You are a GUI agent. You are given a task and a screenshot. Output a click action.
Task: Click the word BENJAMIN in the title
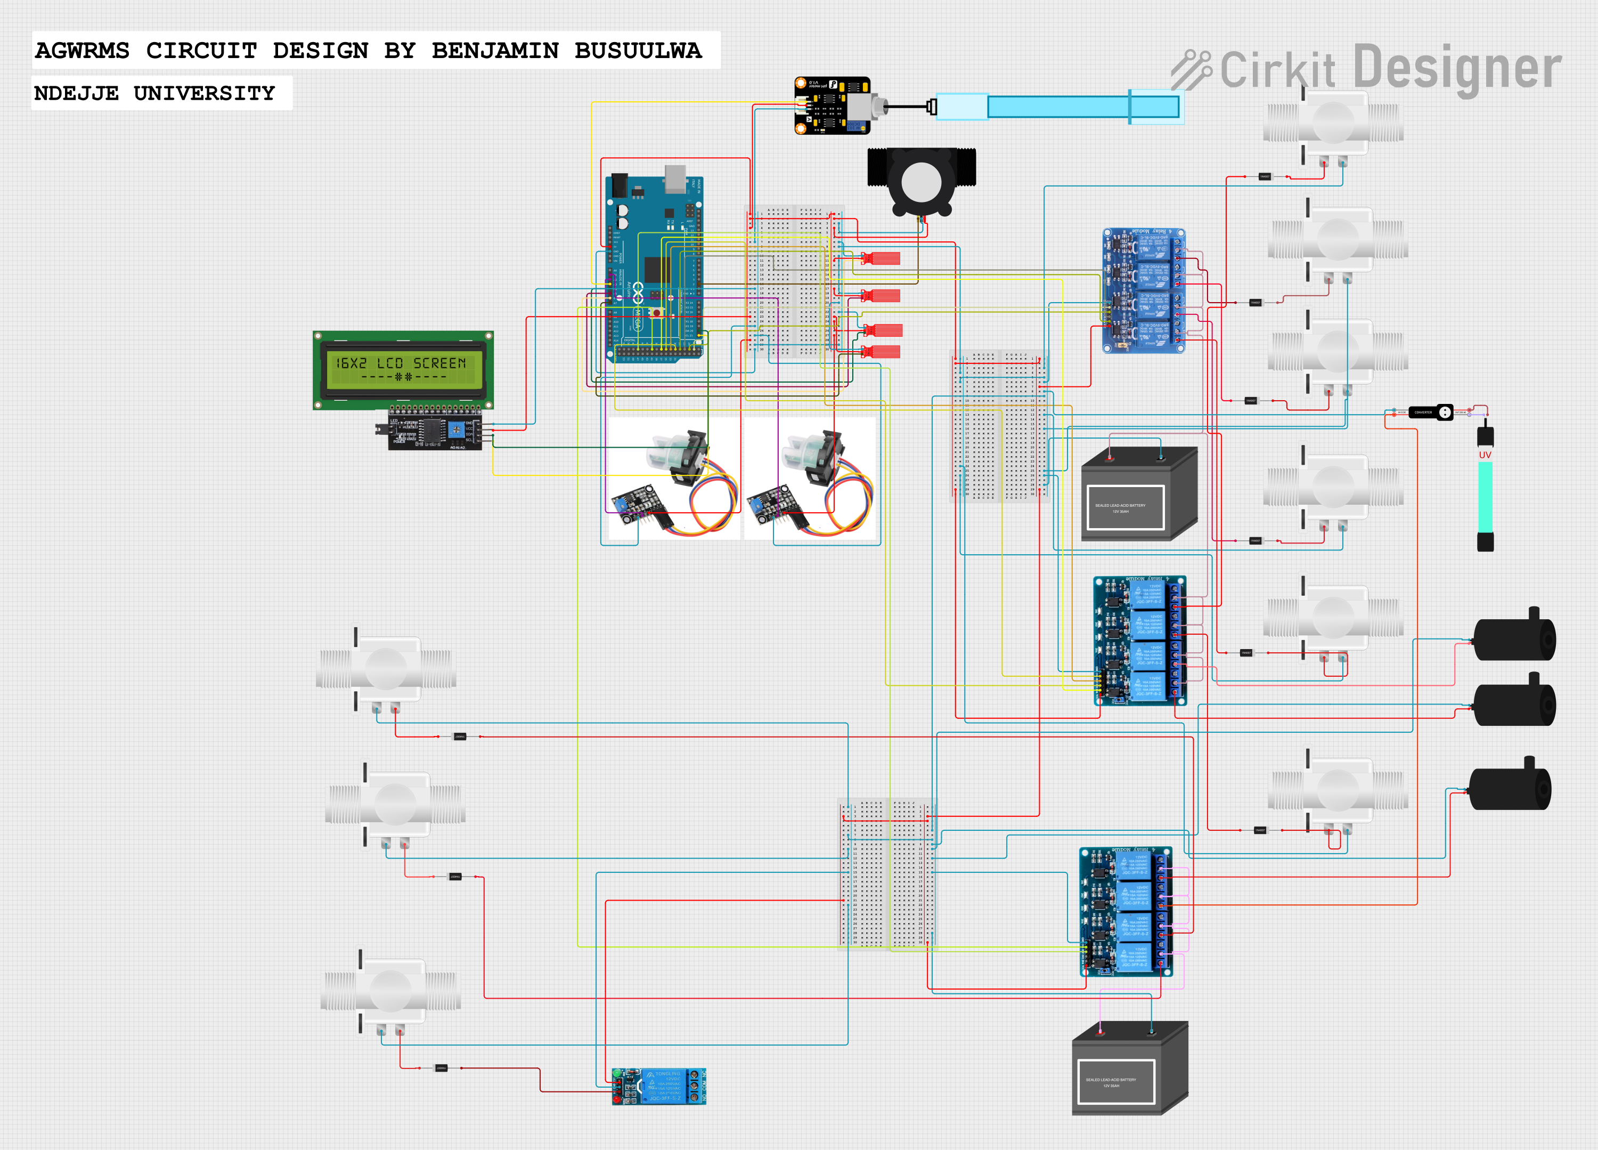coord(495,51)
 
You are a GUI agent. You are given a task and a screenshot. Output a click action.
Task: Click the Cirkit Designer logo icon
coord(1191,70)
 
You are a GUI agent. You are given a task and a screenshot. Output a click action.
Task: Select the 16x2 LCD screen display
coord(403,369)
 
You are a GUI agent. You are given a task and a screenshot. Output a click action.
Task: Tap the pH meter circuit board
coord(832,106)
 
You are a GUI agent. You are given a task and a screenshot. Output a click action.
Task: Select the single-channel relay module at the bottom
coord(659,1086)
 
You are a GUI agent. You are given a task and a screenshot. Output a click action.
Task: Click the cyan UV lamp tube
coord(1485,497)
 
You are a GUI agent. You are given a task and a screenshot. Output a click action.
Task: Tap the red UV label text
coord(1485,455)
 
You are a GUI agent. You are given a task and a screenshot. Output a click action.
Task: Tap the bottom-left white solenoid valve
coord(389,991)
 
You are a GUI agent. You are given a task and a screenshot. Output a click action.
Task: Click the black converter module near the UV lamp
coord(1430,412)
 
